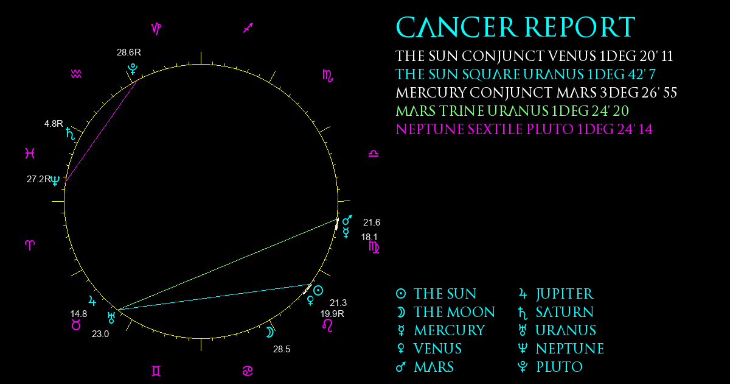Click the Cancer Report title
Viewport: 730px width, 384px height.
[516, 27]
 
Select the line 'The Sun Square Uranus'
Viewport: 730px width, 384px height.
[526, 74]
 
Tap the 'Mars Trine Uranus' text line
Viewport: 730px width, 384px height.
[512, 111]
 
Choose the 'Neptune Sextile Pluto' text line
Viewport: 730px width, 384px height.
[524, 129]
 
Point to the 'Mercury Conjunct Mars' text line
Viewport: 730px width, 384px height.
[536, 93]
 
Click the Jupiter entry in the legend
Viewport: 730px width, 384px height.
[556, 294]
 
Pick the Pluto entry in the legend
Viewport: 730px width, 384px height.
[550, 367]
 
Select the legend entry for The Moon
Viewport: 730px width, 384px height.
[445, 312]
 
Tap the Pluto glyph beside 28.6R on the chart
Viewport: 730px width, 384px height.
[133, 69]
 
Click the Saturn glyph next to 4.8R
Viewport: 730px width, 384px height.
[70, 133]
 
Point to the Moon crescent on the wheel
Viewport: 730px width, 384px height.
[270, 332]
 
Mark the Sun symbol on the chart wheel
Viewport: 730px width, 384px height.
[318, 290]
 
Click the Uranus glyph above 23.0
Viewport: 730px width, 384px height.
[111, 318]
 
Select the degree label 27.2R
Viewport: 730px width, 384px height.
[39, 179]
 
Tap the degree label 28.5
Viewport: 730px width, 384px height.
[282, 349]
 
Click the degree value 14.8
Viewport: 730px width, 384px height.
[78, 314]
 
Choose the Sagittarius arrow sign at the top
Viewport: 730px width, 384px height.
[248, 28]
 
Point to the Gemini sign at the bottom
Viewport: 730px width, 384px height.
[156, 371]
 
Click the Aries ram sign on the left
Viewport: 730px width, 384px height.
[30, 245]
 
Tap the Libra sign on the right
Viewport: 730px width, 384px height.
[374, 154]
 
